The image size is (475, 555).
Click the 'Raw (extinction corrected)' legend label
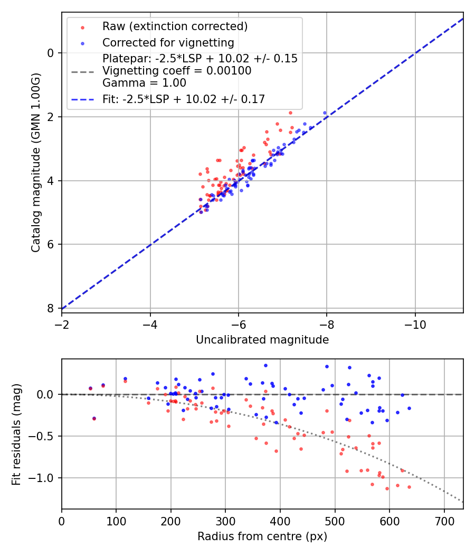(x=175, y=26)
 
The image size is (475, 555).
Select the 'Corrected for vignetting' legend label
(x=168, y=42)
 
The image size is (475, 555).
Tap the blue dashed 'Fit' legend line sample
(x=82, y=99)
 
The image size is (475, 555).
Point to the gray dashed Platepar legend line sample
(x=82, y=71)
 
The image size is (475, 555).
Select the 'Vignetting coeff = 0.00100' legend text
(x=177, y=71)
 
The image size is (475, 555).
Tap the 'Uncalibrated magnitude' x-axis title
(x=262, y=340)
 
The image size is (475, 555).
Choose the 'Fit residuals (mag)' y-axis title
(x=16, y=434)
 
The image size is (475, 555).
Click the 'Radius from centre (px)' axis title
(x=262, y=536)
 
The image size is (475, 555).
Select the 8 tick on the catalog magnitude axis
(x=51, y=308)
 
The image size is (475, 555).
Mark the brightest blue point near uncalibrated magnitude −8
(x=325, y=113)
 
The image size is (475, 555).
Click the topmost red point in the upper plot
(x=290, y=113)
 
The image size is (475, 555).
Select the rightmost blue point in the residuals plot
(x=409, y=408)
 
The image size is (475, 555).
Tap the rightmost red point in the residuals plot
(x=409, y=487)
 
